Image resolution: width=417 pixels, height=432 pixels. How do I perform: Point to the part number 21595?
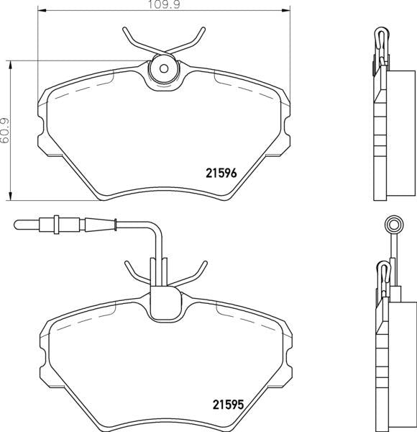point(226,405)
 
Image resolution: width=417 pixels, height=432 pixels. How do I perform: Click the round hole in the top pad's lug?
point(162,70)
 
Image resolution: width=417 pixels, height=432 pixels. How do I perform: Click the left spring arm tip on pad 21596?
point(124,30)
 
